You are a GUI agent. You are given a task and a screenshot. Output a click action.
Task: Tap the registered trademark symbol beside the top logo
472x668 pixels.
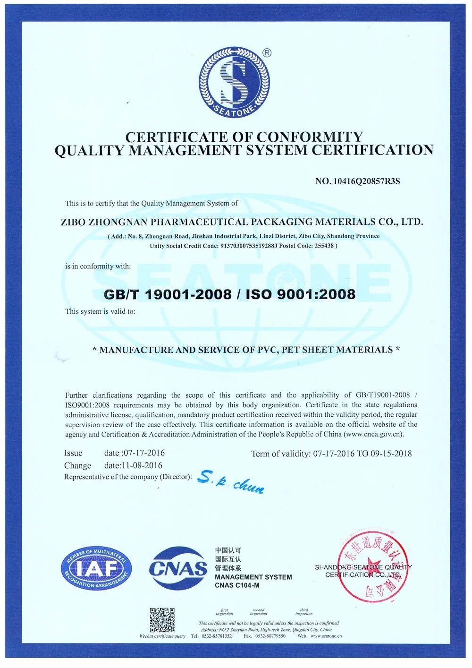tap(267, 53)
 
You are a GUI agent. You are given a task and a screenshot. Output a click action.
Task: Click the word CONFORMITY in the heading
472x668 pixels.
tap(309, 137)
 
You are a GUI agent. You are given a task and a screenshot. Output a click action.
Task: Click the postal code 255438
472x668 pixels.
tap(323, 246)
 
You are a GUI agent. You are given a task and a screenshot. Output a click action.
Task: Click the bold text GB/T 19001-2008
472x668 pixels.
tap(167, 294)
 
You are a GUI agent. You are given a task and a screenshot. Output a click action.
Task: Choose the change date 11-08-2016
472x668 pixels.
tap(143, 465)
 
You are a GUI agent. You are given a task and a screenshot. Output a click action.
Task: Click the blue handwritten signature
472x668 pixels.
tap(230, 482)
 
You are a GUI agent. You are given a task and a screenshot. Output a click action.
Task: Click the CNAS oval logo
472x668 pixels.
tap(178, 568)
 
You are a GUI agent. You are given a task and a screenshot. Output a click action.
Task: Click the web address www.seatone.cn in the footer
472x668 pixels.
tap(326, 636)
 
